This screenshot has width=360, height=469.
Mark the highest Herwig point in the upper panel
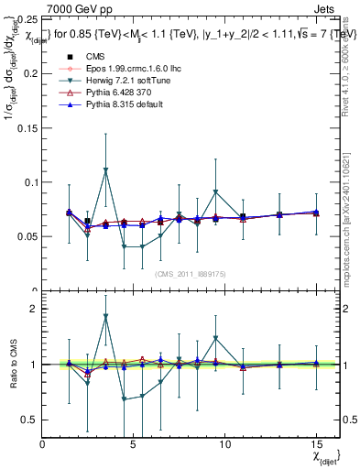coord(106,170)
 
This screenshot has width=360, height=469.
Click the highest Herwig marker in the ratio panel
coord(106,317)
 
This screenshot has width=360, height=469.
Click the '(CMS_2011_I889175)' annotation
coord(190,273)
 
